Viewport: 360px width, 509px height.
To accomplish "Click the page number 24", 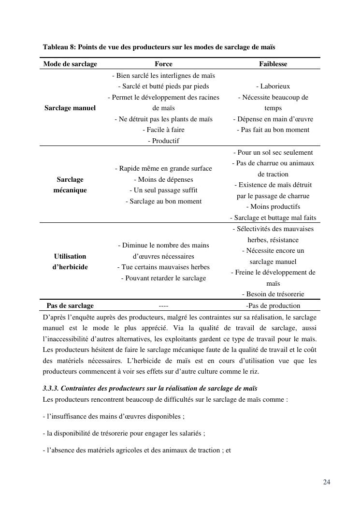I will click(327, 482).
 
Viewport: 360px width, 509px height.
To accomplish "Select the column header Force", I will click(163, 64).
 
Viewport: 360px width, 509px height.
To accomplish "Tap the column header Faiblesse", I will click(273, 64).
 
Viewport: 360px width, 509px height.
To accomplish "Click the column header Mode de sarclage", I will click(70, 64).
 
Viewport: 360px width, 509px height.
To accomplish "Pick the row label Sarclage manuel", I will click(70, 108).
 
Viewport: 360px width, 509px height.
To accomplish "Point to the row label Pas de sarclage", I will click(70, 305).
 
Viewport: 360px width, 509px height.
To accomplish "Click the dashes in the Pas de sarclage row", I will click(163, 306).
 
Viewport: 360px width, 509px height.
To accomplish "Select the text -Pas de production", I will click(273, 305).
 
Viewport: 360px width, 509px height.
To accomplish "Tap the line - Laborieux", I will click(273, 86).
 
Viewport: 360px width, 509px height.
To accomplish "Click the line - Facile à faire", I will click(163, 130).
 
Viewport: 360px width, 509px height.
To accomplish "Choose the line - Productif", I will click(163, 141).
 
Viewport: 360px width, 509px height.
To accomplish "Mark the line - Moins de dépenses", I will click(163, 179).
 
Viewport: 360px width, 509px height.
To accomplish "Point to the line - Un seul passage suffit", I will click(163, 190).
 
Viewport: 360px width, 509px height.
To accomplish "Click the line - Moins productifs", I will click(273, 206).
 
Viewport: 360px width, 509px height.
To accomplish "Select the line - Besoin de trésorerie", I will click(273, 294).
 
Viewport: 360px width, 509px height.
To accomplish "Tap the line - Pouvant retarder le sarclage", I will click(163, 278).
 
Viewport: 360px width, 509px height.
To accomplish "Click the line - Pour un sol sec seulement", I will click(273, 152).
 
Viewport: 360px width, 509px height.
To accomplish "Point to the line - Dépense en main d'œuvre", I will click(273, 119).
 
